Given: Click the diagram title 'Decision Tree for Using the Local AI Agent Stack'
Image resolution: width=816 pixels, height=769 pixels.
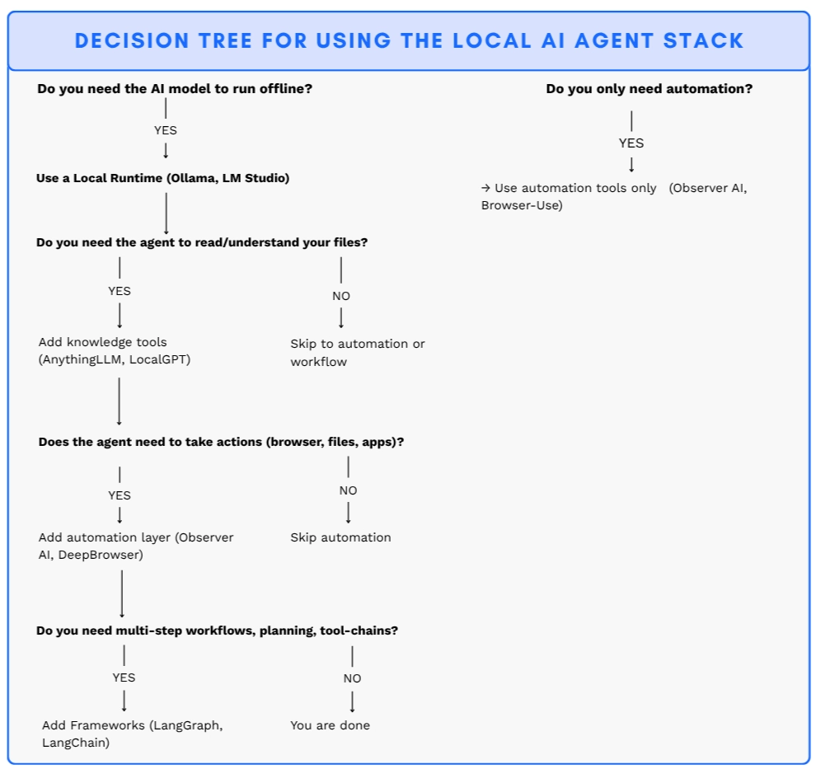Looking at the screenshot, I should [409, 40].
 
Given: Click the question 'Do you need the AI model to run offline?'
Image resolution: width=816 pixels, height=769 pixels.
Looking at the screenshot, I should [175, 88].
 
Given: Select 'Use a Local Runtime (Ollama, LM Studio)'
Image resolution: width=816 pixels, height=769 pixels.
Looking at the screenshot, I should [162, 178].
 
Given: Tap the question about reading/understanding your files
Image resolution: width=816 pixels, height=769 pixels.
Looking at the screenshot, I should [202, 242].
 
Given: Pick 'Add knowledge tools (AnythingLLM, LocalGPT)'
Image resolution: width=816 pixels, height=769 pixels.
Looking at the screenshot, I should [115, 350].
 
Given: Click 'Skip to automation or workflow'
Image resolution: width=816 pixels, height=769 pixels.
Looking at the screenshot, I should [357, 352].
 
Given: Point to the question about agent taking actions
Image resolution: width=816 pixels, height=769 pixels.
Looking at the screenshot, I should [221, 442].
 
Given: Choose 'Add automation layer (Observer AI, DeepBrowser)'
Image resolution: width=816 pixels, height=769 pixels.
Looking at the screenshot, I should [136, 546].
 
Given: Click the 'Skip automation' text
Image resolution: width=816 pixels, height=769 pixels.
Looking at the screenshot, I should [340, 537].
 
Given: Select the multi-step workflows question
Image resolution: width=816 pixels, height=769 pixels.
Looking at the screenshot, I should [218, 631].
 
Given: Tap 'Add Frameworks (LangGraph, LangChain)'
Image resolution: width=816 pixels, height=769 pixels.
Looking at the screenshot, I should [133, 734].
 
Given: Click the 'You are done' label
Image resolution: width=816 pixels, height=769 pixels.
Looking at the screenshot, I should [330, 725].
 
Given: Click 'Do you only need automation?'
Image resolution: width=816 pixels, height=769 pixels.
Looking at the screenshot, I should [649, 88].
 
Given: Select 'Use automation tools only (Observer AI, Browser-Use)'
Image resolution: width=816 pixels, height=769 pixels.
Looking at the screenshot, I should [613, 196].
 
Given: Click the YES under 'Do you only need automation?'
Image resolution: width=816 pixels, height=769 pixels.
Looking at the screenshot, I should [631, 143].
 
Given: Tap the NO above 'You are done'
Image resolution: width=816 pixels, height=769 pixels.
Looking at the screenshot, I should [352, 678].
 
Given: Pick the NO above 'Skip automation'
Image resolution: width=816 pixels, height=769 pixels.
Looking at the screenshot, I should [348, 490].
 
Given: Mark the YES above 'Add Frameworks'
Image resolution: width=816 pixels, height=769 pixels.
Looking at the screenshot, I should [124, 678].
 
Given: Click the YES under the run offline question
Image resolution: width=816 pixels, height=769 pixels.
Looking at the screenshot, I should [166, 130].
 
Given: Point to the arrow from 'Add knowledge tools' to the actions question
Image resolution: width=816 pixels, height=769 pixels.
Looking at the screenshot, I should [120, 401].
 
